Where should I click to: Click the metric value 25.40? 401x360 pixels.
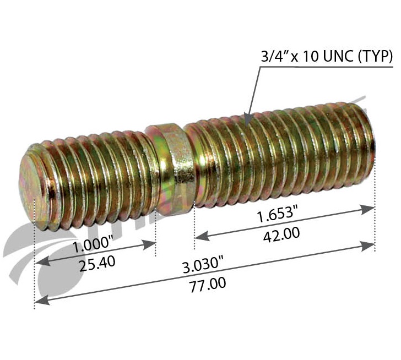tap(97, 263)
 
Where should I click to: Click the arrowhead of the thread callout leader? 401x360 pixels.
tap(247, 118)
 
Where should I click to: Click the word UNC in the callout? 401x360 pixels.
tap(342, 56)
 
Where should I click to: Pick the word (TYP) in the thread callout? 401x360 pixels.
tap(377, 56)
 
